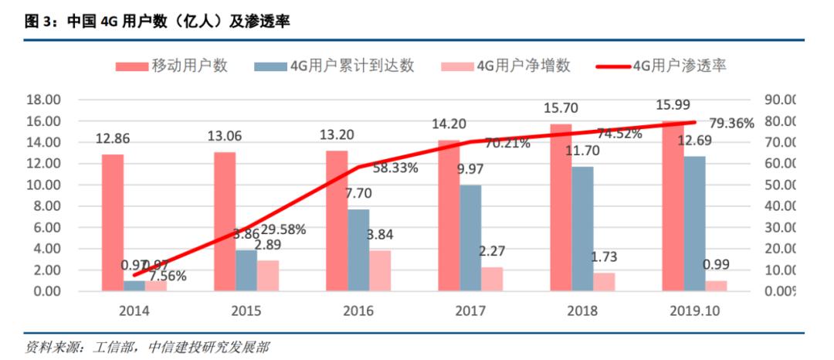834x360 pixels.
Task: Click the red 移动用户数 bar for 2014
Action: [x=112, y=222]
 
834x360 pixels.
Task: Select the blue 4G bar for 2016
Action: [x=358, y=250]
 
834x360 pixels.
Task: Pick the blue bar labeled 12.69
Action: [x=693, y=223]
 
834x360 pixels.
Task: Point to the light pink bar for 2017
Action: [x=492, y=279]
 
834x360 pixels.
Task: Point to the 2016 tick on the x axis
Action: [x=358, y=311]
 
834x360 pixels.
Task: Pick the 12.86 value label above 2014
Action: [x=113, y=139]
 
